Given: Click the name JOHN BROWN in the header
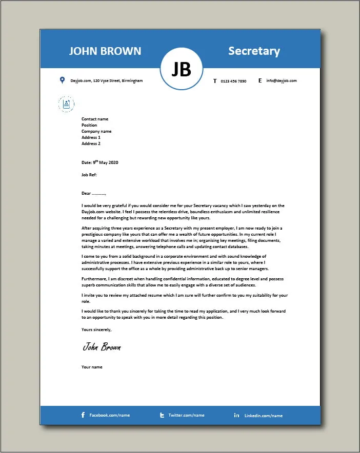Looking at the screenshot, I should tap(105, 51).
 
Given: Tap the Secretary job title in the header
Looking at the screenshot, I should tap(254, 51).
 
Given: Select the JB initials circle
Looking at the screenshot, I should tap(181, 69).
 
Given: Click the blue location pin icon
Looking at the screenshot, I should tap(62, 80).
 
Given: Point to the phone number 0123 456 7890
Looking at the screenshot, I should tap(233, 81).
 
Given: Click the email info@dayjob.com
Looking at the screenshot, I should tap(281, 81).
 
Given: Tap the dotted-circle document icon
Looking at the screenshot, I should tap(66, 104).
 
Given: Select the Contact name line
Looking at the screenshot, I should tap(95, 119).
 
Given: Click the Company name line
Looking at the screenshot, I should tap(96, 132).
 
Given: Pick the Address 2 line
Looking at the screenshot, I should tap(91, 144).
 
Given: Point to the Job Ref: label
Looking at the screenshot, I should tap(89, 175).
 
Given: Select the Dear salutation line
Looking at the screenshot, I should tap(93, 194).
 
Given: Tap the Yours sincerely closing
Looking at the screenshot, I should tap(96, 330).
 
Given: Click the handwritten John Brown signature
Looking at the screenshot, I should tap(102, 347).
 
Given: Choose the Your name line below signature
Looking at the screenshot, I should tap(92, 367).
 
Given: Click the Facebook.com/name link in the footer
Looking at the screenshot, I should tap(109, 415).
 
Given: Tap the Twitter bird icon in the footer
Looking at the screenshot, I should tap(162, 415).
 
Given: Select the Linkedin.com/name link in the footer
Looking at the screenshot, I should tap(263, 416).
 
